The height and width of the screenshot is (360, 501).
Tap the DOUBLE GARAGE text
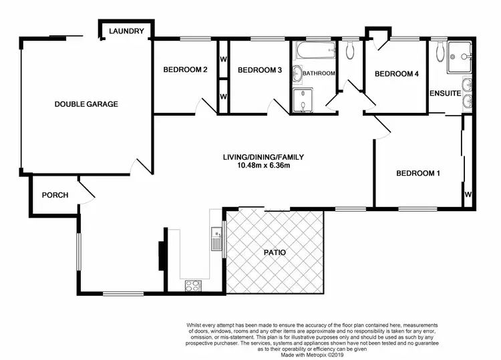coord(86,104)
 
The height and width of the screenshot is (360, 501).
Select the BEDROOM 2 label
coord(186,70)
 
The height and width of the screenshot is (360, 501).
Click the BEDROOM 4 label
coord(396,73)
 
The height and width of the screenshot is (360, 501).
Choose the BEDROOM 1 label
coord(418,174)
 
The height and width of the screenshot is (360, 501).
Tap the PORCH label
coord(55,195)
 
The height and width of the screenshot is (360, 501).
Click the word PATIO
coord(274,253)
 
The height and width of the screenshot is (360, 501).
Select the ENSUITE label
coord(445,93)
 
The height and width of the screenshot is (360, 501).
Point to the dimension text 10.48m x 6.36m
coord(263,166)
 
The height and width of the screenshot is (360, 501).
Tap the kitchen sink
coord(216,238)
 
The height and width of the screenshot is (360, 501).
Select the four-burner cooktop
coord(193,286)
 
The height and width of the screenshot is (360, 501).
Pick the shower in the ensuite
coord(460,51)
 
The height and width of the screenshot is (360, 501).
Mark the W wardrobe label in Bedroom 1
coord(468,195)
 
